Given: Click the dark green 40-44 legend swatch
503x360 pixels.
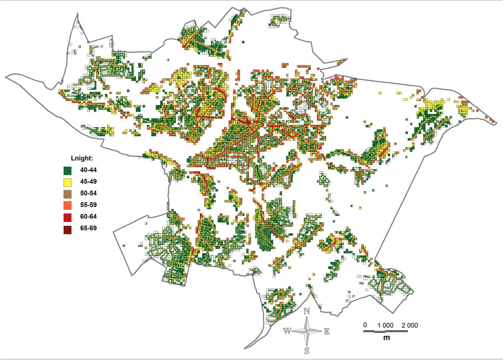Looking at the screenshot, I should (67, 170).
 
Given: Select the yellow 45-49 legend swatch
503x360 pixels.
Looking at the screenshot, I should (67, 182).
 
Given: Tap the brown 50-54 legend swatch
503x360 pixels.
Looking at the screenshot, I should (67, 194).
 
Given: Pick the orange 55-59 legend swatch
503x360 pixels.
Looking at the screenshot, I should (67, 205).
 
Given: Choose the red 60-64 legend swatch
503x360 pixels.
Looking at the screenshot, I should (67, 217).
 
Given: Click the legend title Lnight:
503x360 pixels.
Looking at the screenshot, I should (82, 158).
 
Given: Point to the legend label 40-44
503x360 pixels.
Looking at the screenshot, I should (89, 170).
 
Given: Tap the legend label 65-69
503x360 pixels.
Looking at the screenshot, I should (89, 228).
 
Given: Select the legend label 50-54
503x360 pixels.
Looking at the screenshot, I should (89, 193).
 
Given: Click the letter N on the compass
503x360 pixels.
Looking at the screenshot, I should (307, 312).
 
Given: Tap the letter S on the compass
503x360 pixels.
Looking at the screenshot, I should (307, 350).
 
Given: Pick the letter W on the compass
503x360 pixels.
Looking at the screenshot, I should (287, 331).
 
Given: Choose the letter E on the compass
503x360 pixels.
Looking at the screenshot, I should (327, 331).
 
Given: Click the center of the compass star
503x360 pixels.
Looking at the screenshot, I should (307, 331).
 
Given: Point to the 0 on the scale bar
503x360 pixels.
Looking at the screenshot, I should (365, 325).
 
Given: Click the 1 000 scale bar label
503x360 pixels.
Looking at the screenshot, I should (385, 325).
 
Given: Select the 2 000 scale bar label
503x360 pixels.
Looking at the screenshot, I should (410, 325).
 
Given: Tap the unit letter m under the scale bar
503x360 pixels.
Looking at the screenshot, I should (387, 338).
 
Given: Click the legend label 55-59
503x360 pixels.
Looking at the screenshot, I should (89, 205).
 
